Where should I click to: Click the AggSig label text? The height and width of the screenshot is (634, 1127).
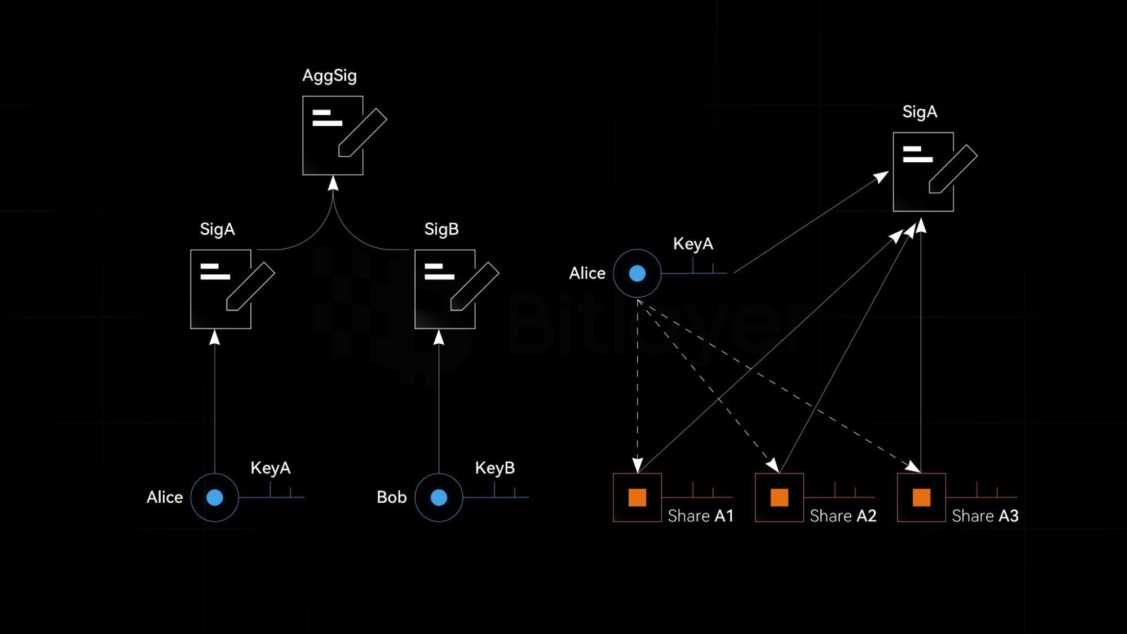click(x=329, y=76)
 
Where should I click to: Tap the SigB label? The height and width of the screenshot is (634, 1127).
click(x=441, y=229)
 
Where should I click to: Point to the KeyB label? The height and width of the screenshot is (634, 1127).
click(x=494, y=468)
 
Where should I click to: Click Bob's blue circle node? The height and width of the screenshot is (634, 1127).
click(x=439, y=498)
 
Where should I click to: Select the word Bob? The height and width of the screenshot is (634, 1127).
click(x=391, y=497)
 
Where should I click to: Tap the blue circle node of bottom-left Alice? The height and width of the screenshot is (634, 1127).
click(x=214, y=498)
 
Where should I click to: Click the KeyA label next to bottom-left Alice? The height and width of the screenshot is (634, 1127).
click(x=270, y=468)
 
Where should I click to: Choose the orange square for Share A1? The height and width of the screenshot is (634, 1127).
click(x=637, y=498)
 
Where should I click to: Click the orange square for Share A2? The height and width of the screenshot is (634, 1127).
click(x=779, y=498)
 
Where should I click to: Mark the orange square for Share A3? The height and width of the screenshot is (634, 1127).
click(x=921, y=498)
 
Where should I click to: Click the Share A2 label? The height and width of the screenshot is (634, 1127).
click(x=843, y=516)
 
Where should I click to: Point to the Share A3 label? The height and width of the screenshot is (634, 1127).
click(x=985, y=516)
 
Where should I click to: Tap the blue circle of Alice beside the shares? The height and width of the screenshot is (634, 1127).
click(x=637, y=273)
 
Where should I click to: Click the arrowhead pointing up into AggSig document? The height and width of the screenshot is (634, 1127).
click(x=333, y=183)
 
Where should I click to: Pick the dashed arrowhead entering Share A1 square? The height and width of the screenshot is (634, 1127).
click(x=637, y=465)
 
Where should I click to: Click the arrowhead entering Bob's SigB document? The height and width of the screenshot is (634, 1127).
click(x=439, y=338)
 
